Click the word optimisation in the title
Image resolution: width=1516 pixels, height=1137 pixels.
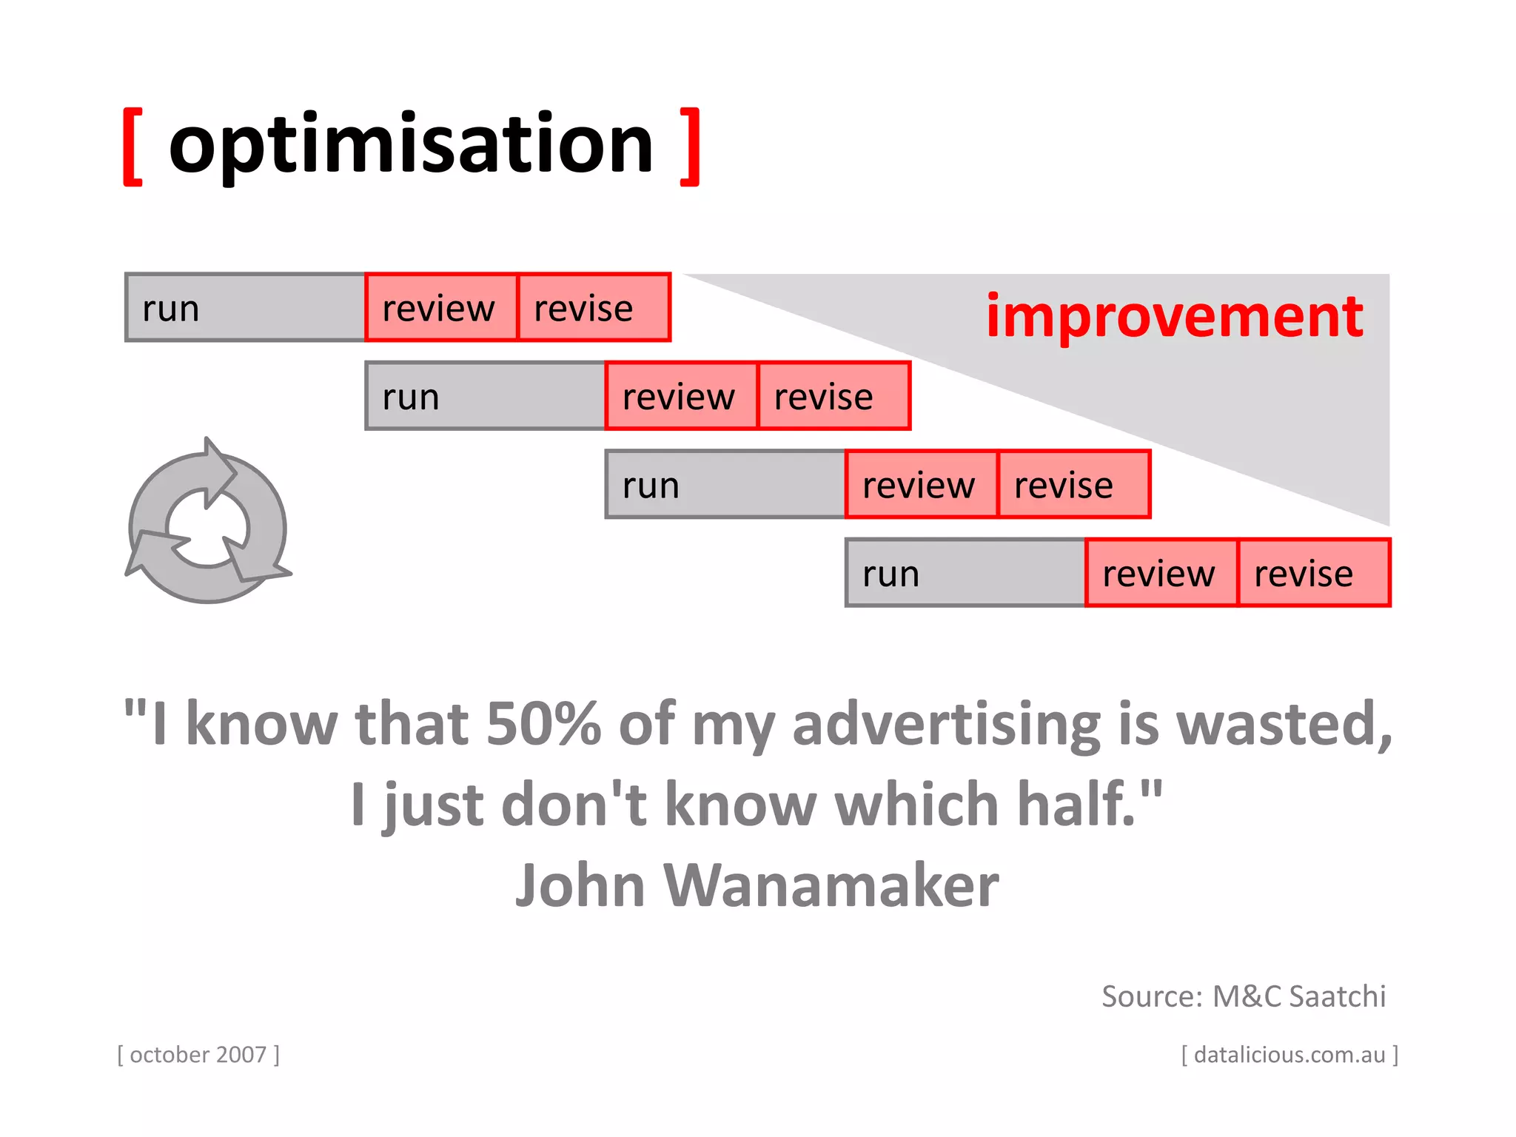(411, 144)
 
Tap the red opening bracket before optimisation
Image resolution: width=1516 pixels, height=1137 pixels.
(133, 147)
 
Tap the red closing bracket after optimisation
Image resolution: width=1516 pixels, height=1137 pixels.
(690, 147)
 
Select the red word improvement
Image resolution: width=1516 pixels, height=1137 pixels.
(1174, 316)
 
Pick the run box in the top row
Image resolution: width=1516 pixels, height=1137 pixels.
(246, 307)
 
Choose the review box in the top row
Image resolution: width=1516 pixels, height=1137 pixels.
(441, 307)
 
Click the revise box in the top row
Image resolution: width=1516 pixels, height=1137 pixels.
(594, 307)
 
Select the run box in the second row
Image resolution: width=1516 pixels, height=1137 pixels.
(486, 396)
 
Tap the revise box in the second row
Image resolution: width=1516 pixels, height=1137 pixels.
(834, 396)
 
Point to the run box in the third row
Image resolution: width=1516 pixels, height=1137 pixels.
(725, 485)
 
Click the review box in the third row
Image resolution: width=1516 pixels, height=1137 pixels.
(921, 485)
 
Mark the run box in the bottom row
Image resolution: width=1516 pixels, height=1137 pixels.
(965, 573)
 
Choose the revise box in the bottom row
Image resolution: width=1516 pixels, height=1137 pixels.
(1313, 573)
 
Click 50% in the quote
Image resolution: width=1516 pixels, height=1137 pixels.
(543, 723)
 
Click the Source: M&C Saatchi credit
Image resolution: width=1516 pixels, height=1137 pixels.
(1243, 996)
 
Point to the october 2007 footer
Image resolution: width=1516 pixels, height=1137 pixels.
(198, 1054)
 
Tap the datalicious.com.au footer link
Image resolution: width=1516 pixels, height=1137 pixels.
(1289, 1054)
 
